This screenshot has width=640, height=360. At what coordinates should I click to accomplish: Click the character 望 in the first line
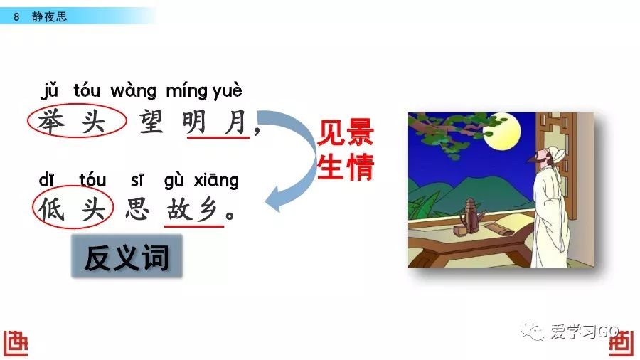pos(151,122)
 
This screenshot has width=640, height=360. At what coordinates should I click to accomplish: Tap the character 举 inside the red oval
pos(51,121)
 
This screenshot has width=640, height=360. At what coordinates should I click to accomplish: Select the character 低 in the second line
pos(52,209)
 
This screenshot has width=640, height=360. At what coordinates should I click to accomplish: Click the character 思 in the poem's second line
pos(137,209)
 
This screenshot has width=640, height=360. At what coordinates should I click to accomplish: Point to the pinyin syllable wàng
pos(133,91)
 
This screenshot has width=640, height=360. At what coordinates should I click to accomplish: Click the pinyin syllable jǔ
pos(49,90)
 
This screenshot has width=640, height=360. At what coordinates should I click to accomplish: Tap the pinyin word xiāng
pos(216,180)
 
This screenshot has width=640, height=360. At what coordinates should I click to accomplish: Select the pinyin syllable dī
pos(46,179)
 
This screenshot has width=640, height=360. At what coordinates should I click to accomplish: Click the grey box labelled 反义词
pos(127,256)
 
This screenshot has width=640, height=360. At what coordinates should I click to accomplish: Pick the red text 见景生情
pos(346,150)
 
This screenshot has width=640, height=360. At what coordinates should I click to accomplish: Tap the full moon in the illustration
pos(502,131)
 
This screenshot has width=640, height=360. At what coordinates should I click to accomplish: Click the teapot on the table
pos(470,217)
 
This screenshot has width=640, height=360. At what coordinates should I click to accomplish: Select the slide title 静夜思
pos(49,16)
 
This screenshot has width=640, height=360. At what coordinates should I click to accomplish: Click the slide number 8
pos(16,17)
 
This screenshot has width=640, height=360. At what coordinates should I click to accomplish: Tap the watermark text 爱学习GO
pos(585,332)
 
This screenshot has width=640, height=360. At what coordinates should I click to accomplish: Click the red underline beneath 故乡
pos(194,226)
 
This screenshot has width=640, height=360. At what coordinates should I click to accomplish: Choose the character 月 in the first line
pos(236,122)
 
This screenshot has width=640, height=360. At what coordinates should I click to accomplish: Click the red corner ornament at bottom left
pos(16,343)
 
